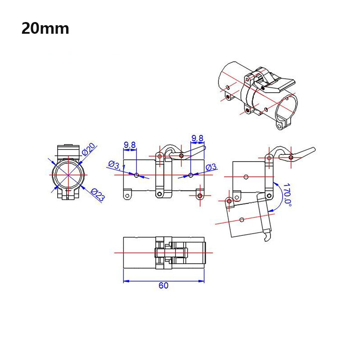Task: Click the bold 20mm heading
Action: pyautogui.click(x=45, y=28)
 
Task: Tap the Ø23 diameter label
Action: pyautogui.click(x=97, y=194)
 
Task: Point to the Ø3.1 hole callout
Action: pyautogui.click(x=117, y=165)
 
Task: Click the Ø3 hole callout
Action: pyautogui.click(x=211, y=167)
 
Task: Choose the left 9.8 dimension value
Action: pyautogui.click(x=130, y=145)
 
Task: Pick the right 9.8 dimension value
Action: pyautogui.click(x=197, y=138)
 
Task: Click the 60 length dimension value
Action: pyautogui.click(x=163, y=286)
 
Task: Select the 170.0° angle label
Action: pyautogui.click(x=287, y=194)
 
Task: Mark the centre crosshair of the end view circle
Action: pyautogui.click(x=67, y=175)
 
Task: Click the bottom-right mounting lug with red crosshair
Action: pyautogui.click(x=199, y=196)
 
